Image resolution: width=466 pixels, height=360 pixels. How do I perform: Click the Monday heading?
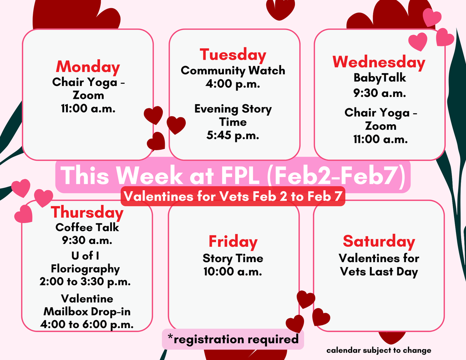click(x=88, y=67)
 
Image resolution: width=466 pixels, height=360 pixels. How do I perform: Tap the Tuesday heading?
click(x=233, y=56)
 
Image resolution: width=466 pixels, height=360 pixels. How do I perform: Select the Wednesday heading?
click(x=379, y=62)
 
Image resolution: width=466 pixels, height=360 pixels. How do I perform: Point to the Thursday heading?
click(x=87, y=212)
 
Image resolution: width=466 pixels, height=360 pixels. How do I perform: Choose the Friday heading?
click(x=233, y=242)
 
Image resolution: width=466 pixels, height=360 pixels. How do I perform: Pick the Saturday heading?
click(x=379, y=241)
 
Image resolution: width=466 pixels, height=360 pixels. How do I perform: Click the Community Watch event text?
click(x=233, y=71)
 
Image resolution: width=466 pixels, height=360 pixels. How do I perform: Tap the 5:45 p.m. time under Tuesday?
click(x=233, y=135)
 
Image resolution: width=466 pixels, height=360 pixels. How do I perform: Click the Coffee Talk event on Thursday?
click(x=87, y=227)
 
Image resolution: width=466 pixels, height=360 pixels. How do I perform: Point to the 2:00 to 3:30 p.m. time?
click(x=85, y=282)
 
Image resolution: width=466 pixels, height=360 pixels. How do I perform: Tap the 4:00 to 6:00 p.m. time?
click(x=87, y=325)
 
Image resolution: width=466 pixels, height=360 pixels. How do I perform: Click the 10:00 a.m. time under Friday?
click(x=233, y=272)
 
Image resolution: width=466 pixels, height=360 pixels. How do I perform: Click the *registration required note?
click(x=233, y=339)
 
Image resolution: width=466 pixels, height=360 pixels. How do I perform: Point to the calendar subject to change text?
click(x=379, y=350)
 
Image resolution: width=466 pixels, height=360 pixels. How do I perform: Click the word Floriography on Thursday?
click(x=85, y=269)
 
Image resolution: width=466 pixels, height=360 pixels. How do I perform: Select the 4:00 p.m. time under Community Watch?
click(x=233, y=84)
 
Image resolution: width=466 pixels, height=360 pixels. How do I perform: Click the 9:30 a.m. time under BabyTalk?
click(x=380, y=93)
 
